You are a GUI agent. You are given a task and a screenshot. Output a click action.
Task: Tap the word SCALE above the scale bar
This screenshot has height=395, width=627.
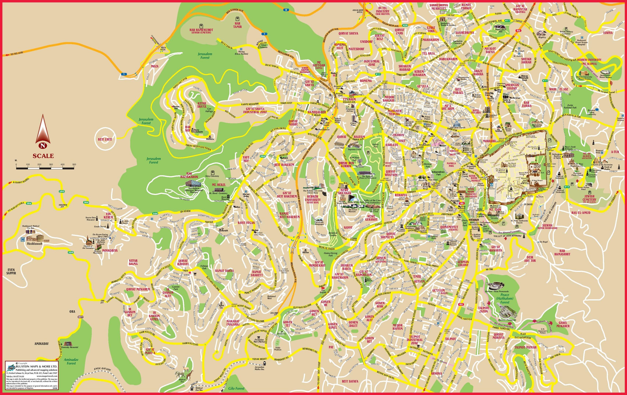[x=43, y=156]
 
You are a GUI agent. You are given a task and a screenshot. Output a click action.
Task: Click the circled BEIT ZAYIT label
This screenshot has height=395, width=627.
[x=105, y=139]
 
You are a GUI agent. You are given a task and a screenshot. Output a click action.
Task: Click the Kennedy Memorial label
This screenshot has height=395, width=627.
[x=70, y=347]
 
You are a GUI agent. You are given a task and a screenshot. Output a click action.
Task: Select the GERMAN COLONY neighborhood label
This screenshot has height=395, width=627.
[x=463, y=263]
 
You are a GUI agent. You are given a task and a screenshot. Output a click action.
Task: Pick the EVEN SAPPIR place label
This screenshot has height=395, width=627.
[x=11, y=271]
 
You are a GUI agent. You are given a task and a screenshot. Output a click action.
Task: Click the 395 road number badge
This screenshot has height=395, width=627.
[x=61, y=191]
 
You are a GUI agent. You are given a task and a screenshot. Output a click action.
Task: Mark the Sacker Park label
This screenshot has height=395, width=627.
[x=375, y=146]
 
